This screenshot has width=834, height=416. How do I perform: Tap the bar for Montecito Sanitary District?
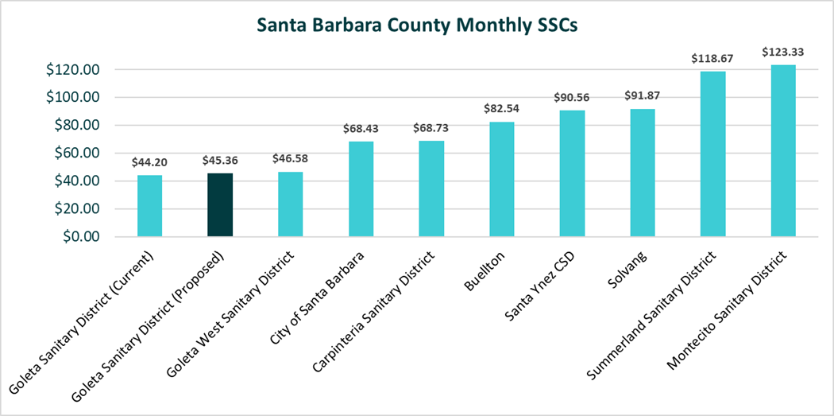click(x=782, y=151)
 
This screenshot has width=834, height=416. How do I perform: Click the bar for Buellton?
click(x=501, y=179)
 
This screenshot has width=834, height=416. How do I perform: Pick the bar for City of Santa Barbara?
click(x=361, y=189)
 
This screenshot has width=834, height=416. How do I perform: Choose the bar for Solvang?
click(x=642, y=173)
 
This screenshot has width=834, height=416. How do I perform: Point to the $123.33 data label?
click(x=782, y=52)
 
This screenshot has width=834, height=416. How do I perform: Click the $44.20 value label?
click(x=149, y=162)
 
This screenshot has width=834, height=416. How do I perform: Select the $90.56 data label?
click(x=572, y=97)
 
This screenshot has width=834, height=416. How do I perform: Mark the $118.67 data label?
click(x=712, y=58)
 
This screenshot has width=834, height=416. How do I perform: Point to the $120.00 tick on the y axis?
click(x=73, y=70)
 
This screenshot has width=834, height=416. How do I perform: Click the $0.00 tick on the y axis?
click(x=79, y=237)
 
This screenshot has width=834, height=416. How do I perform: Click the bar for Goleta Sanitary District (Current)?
click(x=149, y=206)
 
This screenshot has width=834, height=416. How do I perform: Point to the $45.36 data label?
click(x=220, y=161)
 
